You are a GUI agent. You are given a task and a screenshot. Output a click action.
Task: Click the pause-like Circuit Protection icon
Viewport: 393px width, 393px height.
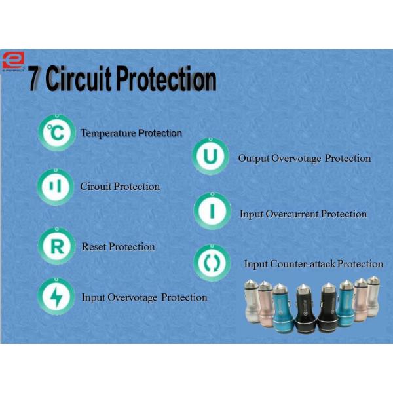[56, 187]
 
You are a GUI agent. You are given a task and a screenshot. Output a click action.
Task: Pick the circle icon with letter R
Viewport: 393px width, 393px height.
[56, 246]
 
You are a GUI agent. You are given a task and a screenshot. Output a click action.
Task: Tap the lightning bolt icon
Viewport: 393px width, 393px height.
[56, 297]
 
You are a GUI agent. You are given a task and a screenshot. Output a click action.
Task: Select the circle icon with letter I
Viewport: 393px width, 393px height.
[212, 212]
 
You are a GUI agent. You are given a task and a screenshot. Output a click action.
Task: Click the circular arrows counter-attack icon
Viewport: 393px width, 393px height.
[212, 263]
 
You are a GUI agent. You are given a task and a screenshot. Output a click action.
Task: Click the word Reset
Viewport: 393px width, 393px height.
[94, 247]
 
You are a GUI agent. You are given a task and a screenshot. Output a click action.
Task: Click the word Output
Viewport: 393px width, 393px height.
[251, 159]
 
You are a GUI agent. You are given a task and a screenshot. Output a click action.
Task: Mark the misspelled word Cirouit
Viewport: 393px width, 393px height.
[96, 187]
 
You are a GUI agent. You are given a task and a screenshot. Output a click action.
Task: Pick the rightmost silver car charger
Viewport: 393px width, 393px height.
[374, 299]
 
